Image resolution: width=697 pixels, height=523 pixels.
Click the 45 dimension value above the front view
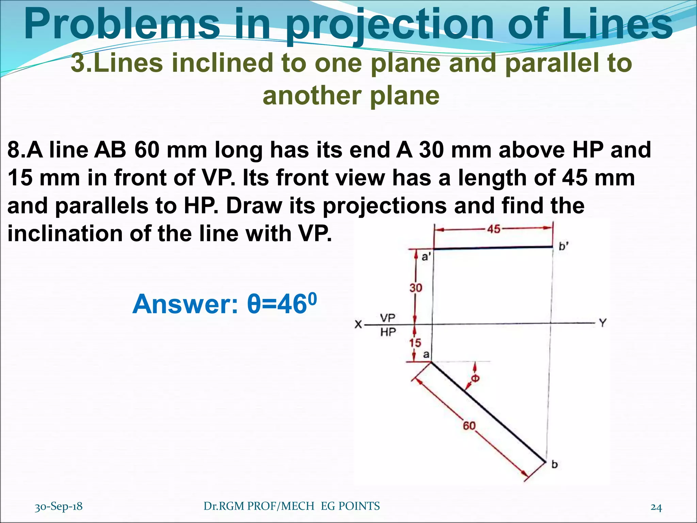point(494,229)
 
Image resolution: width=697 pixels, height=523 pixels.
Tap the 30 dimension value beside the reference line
point(416,288)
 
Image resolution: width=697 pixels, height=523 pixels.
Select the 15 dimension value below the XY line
point(415,343)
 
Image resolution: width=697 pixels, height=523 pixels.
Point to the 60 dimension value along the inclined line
point(469,426)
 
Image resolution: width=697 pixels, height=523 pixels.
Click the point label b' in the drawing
point(564,246)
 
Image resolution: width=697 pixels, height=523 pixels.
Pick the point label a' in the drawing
point(426,257)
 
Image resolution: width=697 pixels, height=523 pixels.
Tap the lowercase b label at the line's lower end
point(554,464)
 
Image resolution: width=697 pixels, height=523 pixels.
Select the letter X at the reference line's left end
point(358,324)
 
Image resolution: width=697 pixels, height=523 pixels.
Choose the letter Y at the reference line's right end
point(603,323)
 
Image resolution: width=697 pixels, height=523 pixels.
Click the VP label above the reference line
point(388,318)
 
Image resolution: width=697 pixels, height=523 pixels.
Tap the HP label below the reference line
point(388,332)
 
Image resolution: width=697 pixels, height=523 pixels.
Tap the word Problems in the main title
point(122,25)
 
